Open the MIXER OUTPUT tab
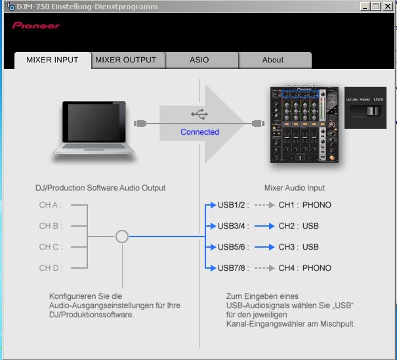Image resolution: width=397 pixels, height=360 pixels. [126, 60]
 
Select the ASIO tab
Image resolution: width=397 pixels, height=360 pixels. [199, 60]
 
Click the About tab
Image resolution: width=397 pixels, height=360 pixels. [273, 60]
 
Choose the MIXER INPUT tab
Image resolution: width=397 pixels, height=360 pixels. [52, 60]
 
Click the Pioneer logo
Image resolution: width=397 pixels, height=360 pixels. [36, 26]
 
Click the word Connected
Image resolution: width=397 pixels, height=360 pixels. [199, 132]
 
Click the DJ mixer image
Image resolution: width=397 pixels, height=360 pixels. [305, 124]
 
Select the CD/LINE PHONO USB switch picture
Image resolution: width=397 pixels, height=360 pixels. [366, 108]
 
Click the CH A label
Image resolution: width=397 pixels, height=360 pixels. [50, 205]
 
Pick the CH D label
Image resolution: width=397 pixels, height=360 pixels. [50, 268]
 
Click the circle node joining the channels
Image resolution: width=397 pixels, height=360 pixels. [121, 236]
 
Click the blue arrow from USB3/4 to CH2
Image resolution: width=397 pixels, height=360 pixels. [264, 226]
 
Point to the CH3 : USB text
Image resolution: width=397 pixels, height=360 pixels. [299, 247]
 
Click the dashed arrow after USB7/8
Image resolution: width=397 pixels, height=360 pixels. [264, 268]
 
